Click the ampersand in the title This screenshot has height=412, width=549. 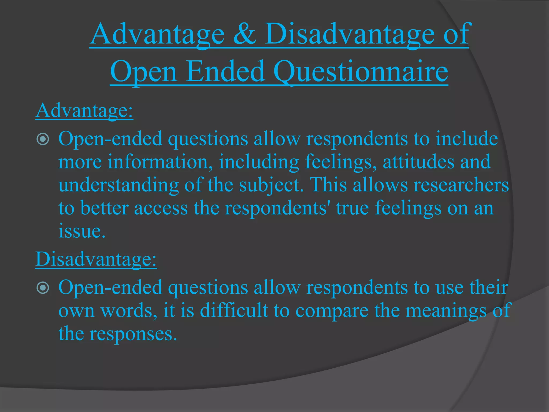(244, 34)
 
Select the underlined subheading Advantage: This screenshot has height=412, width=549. (84, 111)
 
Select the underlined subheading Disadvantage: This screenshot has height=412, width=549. (96, 259)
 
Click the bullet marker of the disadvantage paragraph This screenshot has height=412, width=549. (43, 288)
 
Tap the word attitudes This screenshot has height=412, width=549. (418, 162)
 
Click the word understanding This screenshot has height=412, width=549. (118, 185)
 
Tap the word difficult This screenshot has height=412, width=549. (234, 311)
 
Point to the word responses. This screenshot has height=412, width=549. (133, 334)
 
